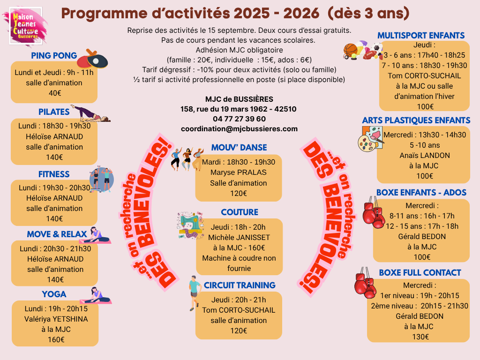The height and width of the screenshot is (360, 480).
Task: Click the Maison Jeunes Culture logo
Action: tap(26, 26)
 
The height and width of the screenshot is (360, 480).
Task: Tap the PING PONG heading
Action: tap(54, 56)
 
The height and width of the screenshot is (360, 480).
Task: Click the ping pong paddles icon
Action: tap(92, 59)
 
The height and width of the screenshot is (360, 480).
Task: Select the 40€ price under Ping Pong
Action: tap(55, 93)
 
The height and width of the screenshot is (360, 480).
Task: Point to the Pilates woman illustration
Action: tap(90, 113)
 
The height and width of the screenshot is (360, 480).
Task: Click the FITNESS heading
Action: tap(54, 174)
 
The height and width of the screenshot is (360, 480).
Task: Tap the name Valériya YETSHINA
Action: tap(56, 319)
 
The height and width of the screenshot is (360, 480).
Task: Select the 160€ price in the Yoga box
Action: tap(56, 339)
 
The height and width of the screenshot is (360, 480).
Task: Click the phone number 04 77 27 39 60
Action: tap(239, 119)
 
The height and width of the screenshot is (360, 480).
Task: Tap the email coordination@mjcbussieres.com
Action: tap(239, 129)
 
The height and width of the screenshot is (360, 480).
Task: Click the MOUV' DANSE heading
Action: tap(239, 148)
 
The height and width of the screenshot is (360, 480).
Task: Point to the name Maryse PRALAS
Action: tap(239, 172)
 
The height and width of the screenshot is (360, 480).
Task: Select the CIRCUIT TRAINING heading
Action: tap(240, 285)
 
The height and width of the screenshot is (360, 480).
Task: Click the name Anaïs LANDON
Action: tap(425, 156)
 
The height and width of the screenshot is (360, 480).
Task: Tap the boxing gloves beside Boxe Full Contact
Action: tap(365, 283)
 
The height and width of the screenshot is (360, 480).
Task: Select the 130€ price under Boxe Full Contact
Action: tap(420, 337)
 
